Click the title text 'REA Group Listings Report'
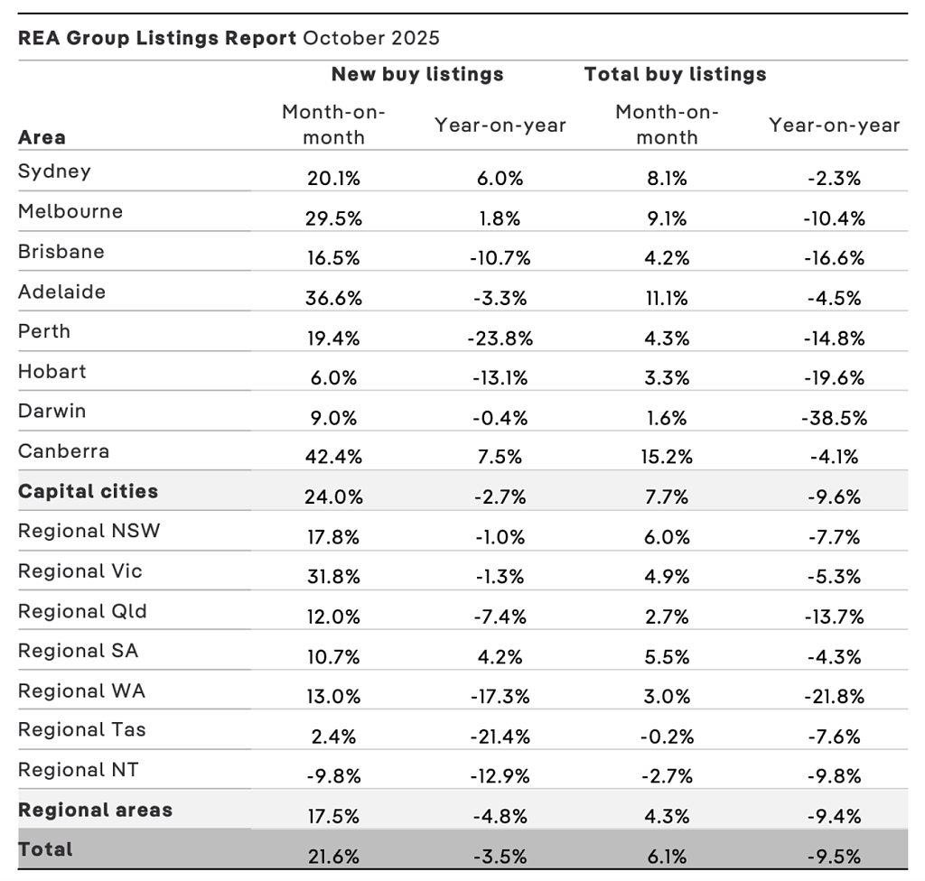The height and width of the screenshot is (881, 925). point(157,38)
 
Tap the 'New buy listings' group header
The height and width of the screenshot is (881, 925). point(417,74)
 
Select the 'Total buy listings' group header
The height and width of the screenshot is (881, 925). point(675,74)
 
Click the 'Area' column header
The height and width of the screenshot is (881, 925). point(42,137)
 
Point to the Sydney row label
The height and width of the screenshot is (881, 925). point(54,172)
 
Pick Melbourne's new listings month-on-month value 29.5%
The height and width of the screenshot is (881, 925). point(333,218)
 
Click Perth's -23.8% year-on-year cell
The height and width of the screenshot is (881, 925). point(500,338)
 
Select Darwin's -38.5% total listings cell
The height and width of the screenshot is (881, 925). point(834,418)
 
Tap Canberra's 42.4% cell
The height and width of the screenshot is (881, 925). point(333,457)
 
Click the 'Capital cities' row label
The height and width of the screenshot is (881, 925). point(88,491)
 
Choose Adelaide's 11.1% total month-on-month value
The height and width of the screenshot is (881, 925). point(667,299)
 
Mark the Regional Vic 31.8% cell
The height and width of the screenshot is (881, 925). point(333,577)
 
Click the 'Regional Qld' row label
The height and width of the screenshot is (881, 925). point(82,611)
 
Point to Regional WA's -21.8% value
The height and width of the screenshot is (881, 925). point(834,697)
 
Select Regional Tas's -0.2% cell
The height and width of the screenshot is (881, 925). point(667,737)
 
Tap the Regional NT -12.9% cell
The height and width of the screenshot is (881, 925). point(500,776)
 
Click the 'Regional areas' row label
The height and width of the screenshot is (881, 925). point(95,811)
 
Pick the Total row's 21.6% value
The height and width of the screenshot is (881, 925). point(333,857)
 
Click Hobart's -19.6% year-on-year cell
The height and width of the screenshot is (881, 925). point(834,378)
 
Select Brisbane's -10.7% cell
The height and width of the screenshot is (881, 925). point(500,258)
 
